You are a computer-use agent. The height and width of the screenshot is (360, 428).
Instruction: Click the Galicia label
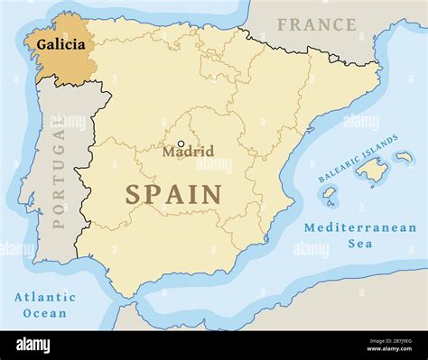point(61,42)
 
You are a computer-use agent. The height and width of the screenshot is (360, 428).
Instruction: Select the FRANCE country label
point(317,24)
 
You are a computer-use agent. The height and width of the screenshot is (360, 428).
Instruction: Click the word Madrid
point(188,152)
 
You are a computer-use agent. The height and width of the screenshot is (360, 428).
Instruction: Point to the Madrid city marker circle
point(181,143)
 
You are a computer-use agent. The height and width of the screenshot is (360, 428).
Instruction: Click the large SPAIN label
point(173,194)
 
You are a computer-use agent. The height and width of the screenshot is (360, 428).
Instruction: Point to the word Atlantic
point(45,297)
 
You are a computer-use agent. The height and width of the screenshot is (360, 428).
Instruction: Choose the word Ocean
point(45,313)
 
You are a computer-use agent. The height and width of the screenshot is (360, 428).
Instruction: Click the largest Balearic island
point(370,168)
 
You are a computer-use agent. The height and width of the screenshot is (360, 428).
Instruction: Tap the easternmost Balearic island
point(404,158)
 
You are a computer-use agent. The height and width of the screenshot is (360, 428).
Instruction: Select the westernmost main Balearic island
point(330,194)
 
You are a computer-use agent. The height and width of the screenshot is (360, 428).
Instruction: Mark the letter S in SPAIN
point(133,194)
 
